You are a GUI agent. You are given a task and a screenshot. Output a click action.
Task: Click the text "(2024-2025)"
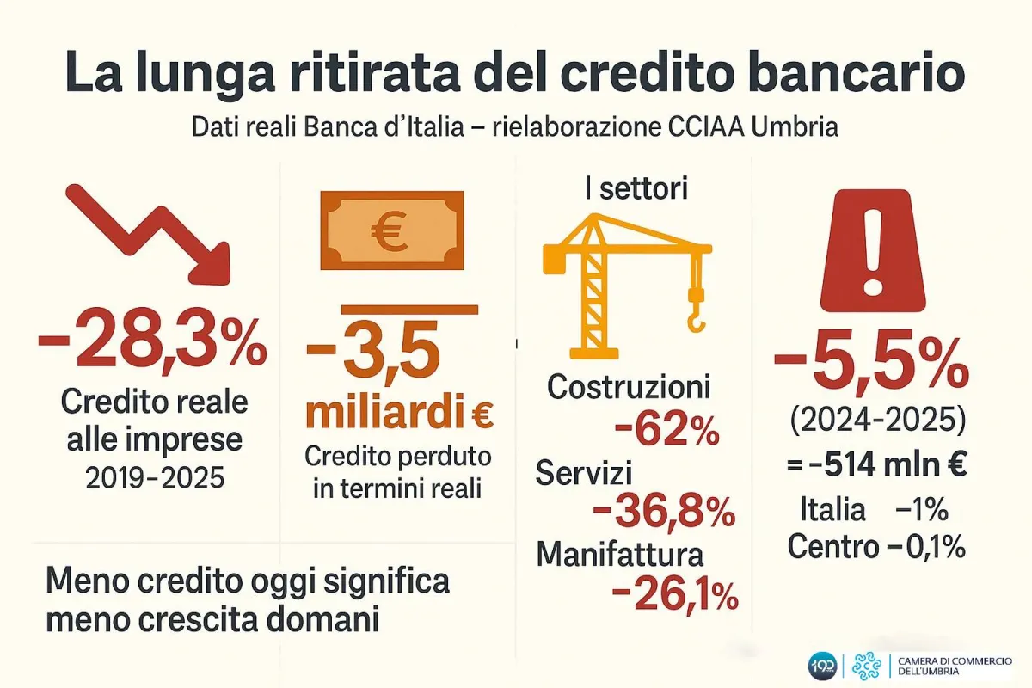point(877,422)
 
